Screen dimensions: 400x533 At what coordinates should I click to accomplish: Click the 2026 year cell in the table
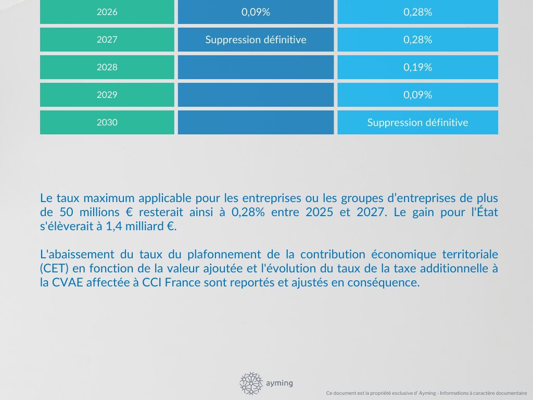click(107, 12)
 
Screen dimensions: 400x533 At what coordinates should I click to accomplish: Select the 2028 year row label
click(107, 67)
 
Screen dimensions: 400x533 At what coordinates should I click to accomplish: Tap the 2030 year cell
click(107, 122)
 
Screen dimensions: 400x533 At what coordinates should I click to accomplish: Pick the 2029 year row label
click(107, 95)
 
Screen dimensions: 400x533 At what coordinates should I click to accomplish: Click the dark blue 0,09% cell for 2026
click(256, 12)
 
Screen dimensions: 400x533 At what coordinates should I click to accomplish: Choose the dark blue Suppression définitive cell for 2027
click(256, 40)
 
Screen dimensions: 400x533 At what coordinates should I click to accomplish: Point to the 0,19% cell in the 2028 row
click(417, 67)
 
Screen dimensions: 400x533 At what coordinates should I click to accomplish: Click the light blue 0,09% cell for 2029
click(417, 95)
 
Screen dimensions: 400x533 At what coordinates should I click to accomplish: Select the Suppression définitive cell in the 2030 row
click(417, 122)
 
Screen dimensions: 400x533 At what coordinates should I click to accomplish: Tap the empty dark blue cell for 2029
click(256, 95)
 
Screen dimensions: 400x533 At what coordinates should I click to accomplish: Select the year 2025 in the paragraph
click(320, 213)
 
